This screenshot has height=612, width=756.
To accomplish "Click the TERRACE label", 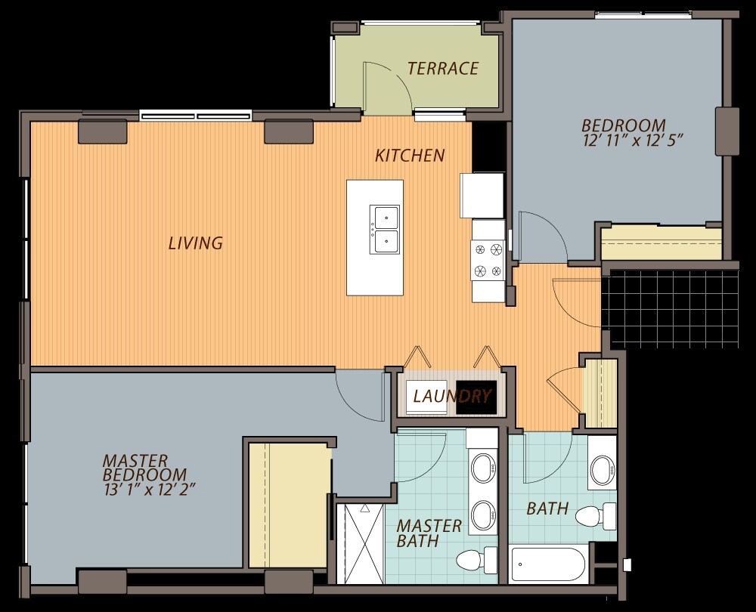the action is point(442,69).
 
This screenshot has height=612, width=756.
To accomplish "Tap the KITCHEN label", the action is point(410,155).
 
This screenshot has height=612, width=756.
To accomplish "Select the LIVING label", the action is point(195,243).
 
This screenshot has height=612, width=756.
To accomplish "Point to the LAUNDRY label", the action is point(452,396).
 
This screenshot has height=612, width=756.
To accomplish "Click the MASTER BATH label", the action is point(429,533).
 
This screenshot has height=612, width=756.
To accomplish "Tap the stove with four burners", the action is point(488,261).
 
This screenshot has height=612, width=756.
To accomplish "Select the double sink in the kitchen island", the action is point(385,230).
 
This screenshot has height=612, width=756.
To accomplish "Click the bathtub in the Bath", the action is point(548,564).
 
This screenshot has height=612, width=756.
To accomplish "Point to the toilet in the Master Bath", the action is point(476,561).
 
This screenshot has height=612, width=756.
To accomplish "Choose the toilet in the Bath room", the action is point(596,516).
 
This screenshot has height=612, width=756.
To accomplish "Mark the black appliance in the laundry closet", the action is point(476,397).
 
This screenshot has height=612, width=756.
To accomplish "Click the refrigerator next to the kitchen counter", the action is point(482,195).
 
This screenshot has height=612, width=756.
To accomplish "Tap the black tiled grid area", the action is point(674,308).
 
